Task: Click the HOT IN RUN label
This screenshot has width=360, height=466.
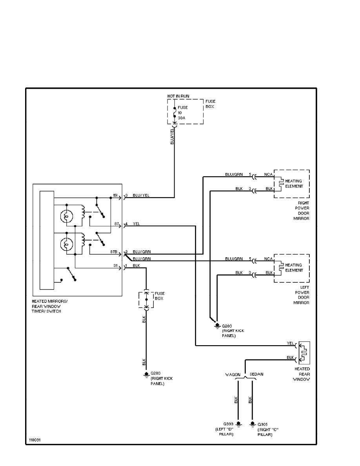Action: [x=179, y=96]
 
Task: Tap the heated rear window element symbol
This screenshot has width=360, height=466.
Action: [x=304, y=352]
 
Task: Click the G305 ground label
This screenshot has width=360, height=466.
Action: [x=263, y=424]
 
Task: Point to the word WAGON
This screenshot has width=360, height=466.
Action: [x=233, y=375]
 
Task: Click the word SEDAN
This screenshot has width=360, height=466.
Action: [x=256, y=375]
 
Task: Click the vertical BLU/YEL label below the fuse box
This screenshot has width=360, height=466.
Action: [x=172, y=136]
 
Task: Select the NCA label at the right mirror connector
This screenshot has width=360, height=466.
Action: [x=268, y=174]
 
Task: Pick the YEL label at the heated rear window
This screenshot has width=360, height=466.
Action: [x=291, y=343]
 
